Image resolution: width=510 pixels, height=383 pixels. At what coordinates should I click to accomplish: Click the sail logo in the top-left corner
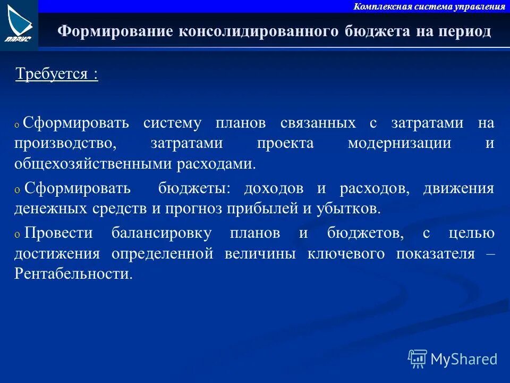click(x=19, y=24)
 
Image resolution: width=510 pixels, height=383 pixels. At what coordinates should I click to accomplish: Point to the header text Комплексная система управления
click(x=429, y=6)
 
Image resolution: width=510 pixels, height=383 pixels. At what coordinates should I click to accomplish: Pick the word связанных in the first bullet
click(x=318, y=123)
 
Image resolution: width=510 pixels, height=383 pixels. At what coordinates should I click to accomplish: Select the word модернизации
click(x=399, y=144)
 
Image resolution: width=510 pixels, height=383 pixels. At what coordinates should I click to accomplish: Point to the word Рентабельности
click(x=73, y=274)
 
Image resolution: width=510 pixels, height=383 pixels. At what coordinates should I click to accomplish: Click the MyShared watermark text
click(x=464, y=359)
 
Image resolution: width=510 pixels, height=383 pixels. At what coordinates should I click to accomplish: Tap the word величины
click(x=260, y=253)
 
